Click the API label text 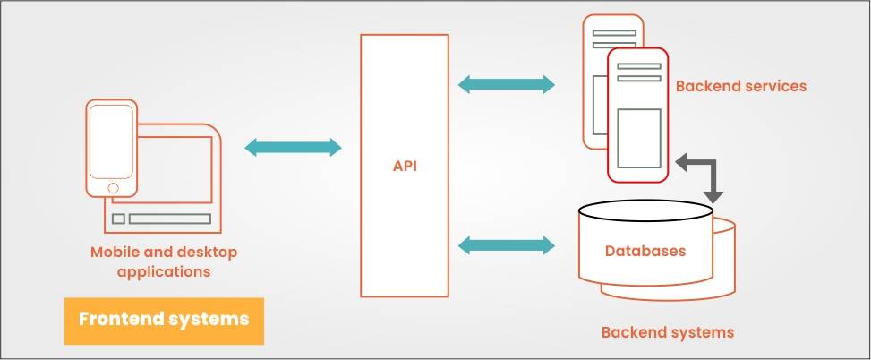point(405,166)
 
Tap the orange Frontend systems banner point(164,321)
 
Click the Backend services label point(741,86)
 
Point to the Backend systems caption point(667,332)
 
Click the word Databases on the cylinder point(645,251)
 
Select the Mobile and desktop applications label point(164,261)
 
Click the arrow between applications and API point(293,148)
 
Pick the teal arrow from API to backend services point(506,85)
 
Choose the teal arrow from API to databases point(506,243)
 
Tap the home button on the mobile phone point(113,188)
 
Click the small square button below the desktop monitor point(118,219)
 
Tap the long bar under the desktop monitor point(170,219)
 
